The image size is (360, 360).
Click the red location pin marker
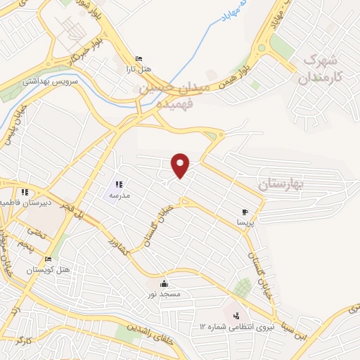pos(181,165)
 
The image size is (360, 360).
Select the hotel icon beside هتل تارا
pos(139,59)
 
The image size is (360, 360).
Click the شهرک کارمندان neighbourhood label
pos(323,69)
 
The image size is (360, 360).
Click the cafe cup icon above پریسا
pos(245,212)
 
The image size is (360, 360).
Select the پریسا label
pos(245,221)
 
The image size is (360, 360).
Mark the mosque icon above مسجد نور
pos(165,283)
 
